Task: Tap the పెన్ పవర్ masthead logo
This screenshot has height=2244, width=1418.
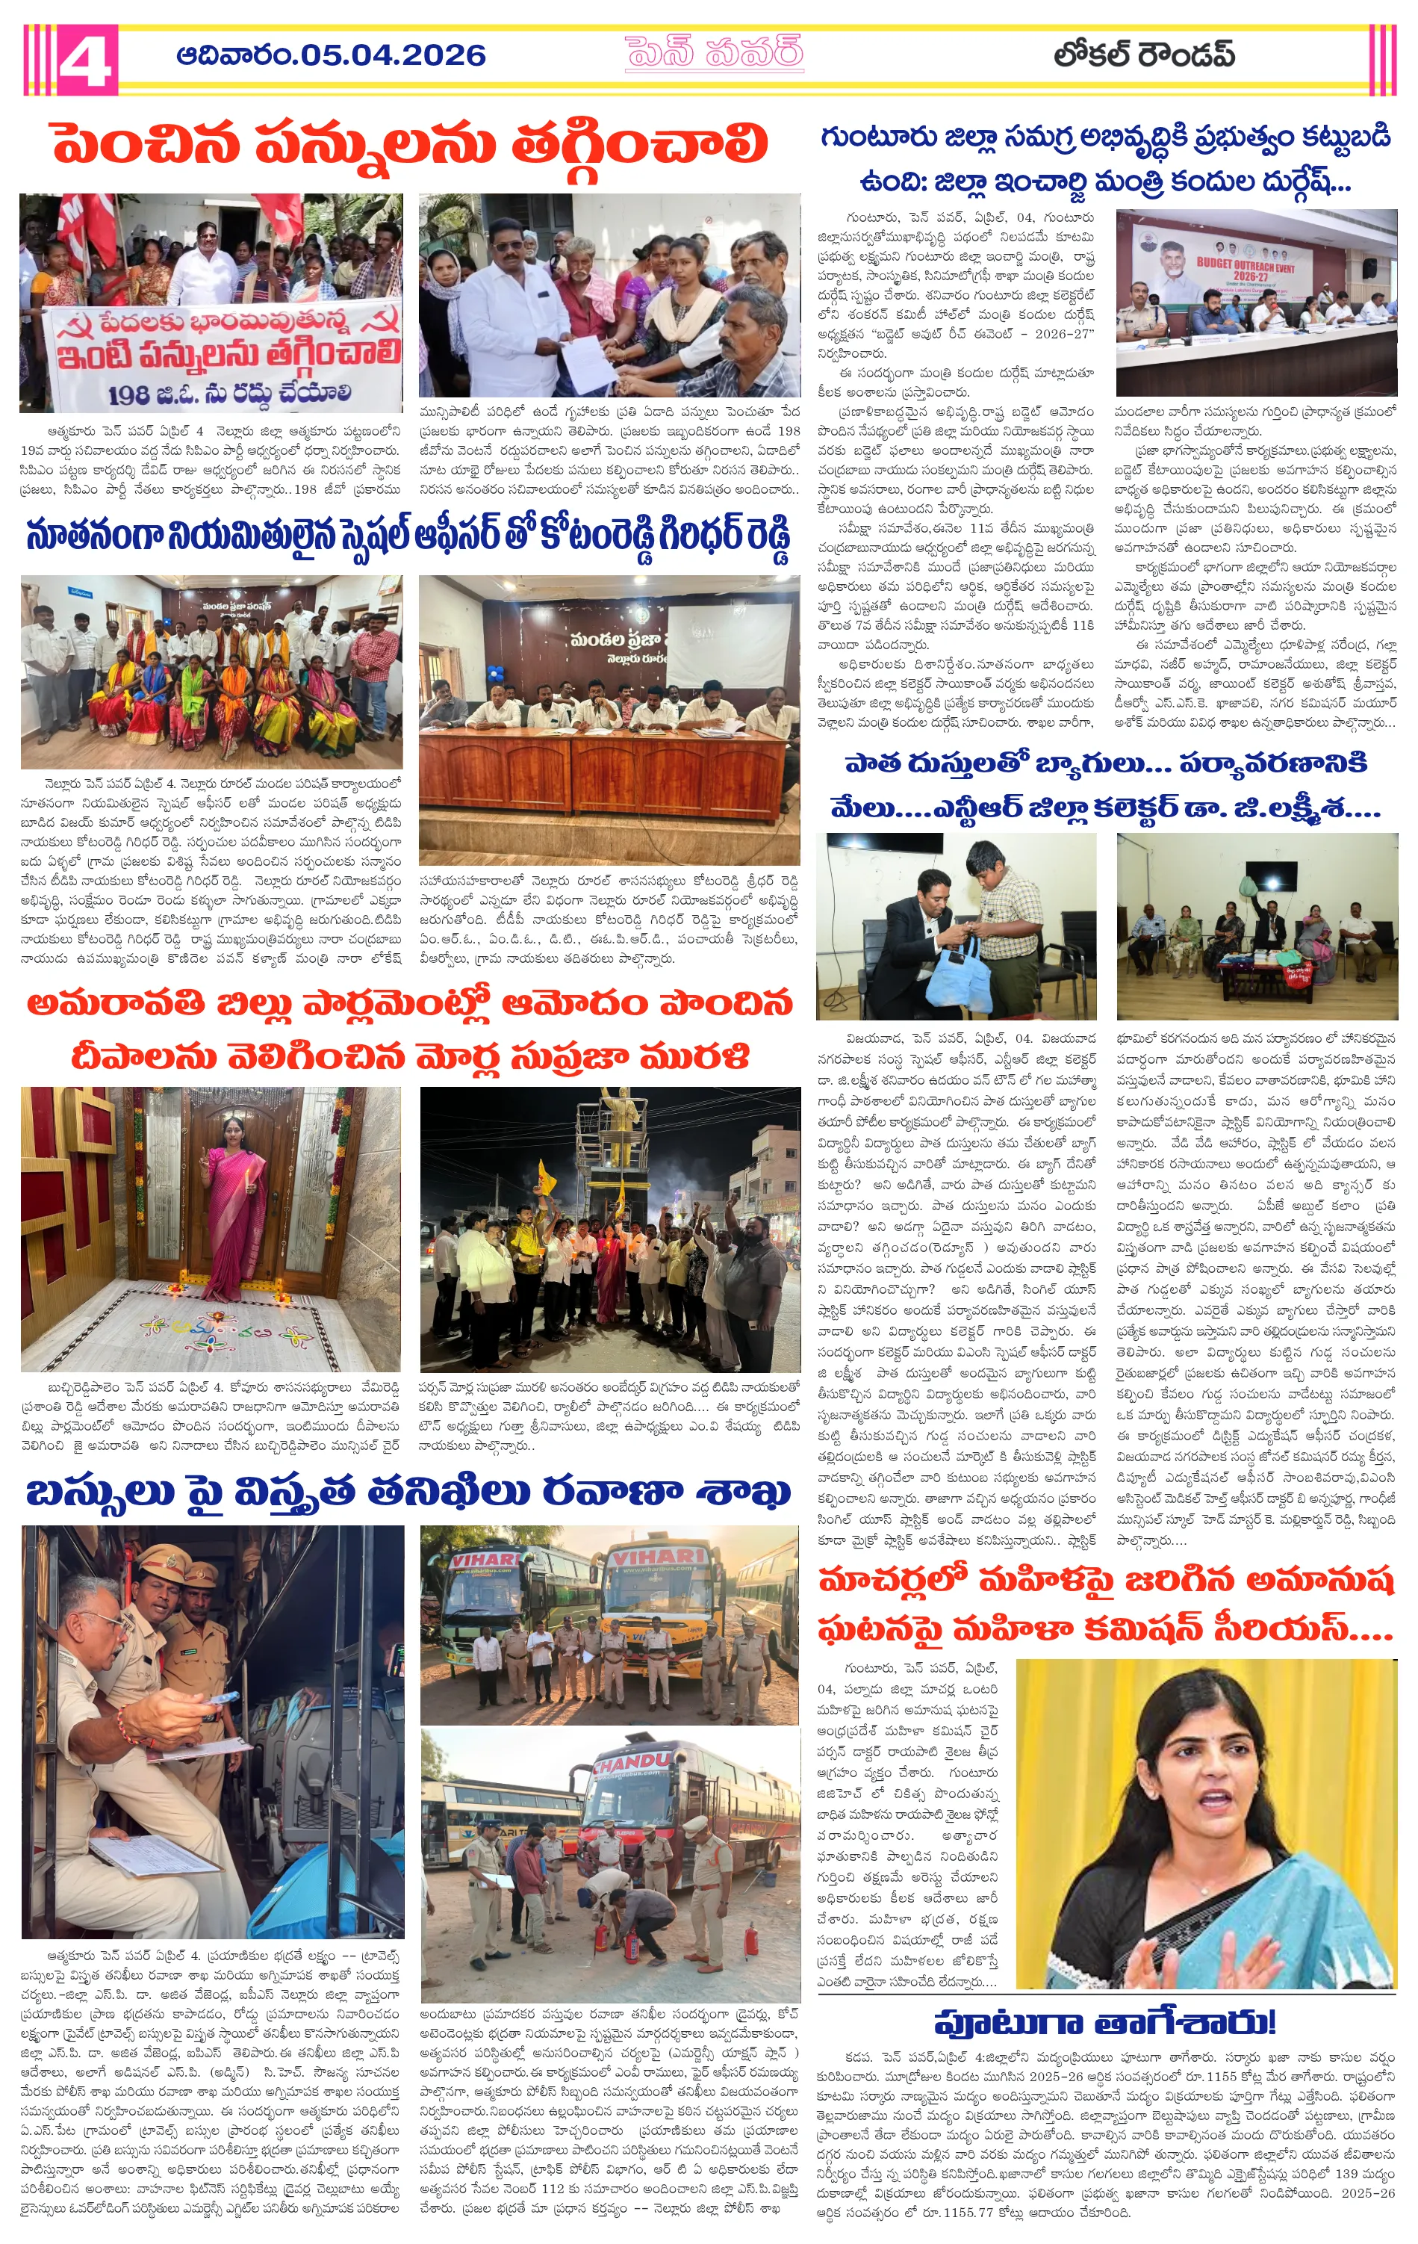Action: click(x=714, y=54)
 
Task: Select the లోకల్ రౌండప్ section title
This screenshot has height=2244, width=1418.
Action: click(x=1145, y=56)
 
